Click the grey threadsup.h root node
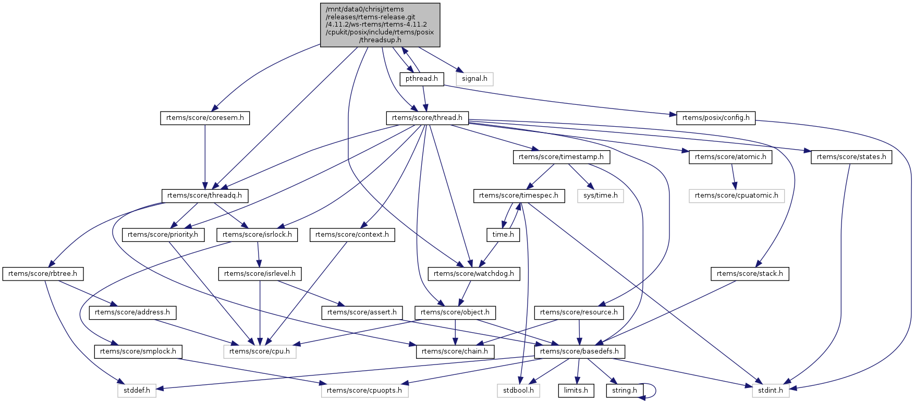pyautogui.click(x=380, y=25)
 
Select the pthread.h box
pyautogui.click(x=422, y=79)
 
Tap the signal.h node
pyautogui.click(x=474, y=79)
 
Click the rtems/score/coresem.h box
pyautogui.click(x=205, y=118)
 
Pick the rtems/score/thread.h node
pyautogui.click(x=427, y=118)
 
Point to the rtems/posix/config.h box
pyautogui.click(x=715, y=118)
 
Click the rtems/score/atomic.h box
pyautogui.click(x=730, y=157)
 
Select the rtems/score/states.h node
pyautogui.click(x=851, y=157)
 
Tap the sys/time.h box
pyautogui.click(x=600, y=196)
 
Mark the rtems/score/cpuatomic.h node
pyautogui.click(x=736, y=196)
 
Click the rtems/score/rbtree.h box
pyautogui.click(x=43, y=274)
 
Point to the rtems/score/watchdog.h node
pyautogui.click(x=473, y=274)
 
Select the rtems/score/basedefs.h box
pyautogui.click(x=579, y=351)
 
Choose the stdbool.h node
pyautogui.click(x=519, y=391)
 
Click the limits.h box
pyautogui.click(x=576, y=391)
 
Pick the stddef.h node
pyautogui.click(x=137, y=391)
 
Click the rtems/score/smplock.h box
pyautogui.click(x=138, y=351)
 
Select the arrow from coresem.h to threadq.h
pyautogui.click(x=205, y=156)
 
